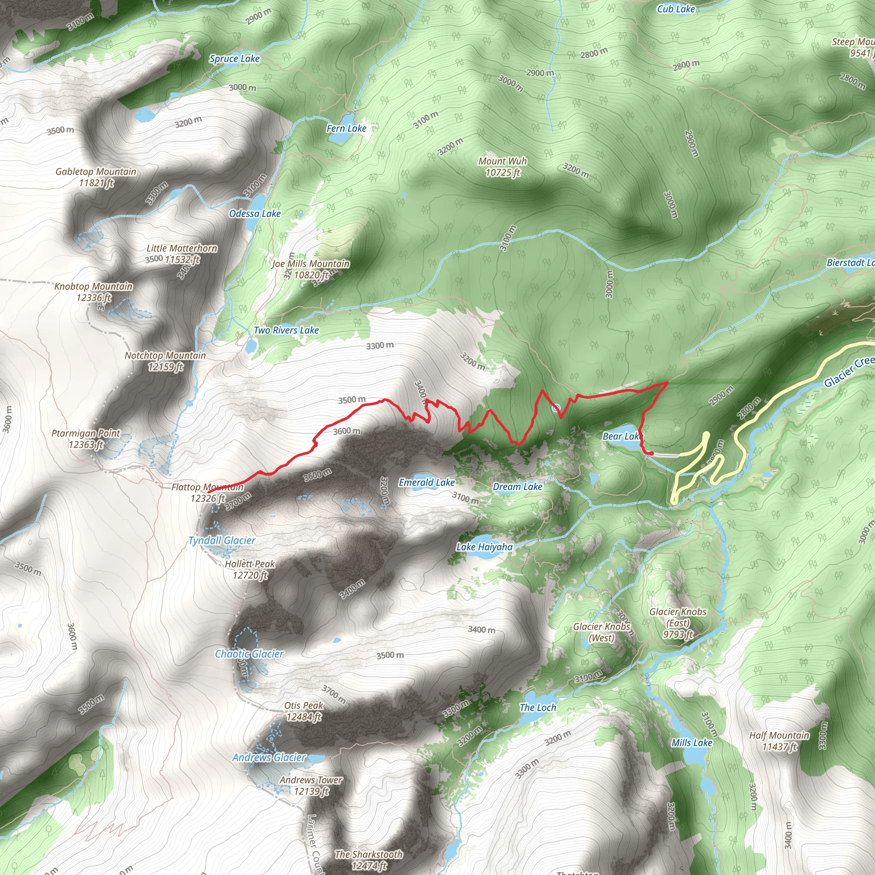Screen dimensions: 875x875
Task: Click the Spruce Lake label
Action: (x=234, y=59)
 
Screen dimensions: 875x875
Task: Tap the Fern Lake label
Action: (x=346, y=129)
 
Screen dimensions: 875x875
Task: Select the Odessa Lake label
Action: (x=255, y=214)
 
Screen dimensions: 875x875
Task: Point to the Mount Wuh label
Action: (x=503, y=167)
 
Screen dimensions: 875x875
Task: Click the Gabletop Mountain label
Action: (x=96, y=177)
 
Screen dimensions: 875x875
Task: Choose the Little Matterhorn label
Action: (x=182, y=254)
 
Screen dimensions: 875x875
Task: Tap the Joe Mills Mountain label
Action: (x=311, y=269)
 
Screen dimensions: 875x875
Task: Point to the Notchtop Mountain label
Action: (x=165, y=361)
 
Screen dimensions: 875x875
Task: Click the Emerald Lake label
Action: (x=427, y=483)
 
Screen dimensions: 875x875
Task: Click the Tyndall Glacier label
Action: (x=222, y=541)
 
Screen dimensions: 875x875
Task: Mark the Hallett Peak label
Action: (x=250, y=569)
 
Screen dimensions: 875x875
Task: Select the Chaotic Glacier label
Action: (x=249, y=654)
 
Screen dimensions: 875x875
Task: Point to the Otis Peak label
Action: (x=303, y=711)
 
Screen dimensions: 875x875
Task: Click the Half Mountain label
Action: (x=779, y=741)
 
